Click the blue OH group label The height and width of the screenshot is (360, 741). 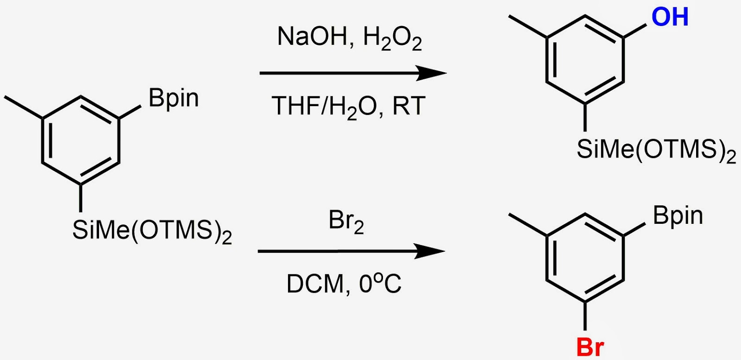pyautogui.click(x=670, y=17)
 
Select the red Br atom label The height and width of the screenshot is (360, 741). pyautogui.click(x=590, y=346)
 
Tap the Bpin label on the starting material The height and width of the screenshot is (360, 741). pyautogui.click(x=174, y=99)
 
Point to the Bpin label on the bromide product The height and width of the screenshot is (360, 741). pyautogui.click(x=678, y=216)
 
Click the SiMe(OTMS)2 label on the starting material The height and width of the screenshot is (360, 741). pyautogui.click(x=152, y=230)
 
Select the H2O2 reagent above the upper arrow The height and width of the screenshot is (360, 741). pyautogui.click(x=393, y=38)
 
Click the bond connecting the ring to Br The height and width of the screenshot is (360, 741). pyautogui.click(x=585, y=316)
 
